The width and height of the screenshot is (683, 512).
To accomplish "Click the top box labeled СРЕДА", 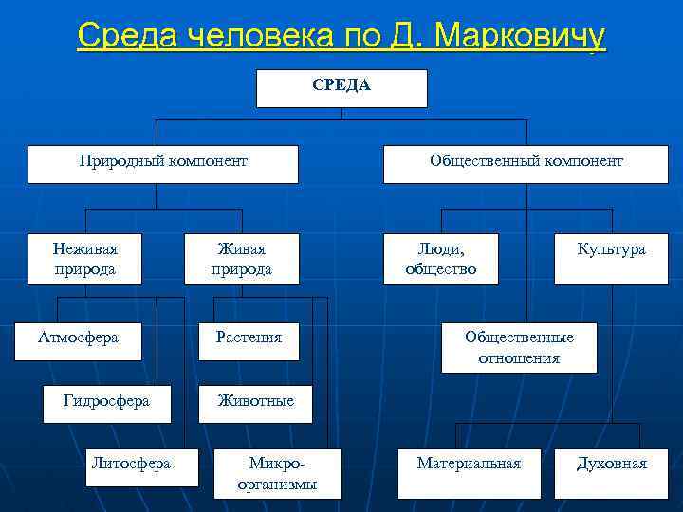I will pos(341,87).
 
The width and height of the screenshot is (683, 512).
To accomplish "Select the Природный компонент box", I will pos(162,163).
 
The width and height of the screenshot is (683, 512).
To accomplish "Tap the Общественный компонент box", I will pos(526,163).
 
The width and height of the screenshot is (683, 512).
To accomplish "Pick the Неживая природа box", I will pos(85,259).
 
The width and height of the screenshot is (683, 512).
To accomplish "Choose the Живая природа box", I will pos(241,259).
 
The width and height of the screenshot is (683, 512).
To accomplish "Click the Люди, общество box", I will pos(440,259).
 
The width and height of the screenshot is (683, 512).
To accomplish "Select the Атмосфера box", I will pos(78,339).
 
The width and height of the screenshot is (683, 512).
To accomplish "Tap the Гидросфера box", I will pos(106,403).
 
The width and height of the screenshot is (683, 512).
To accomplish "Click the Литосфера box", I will pos(142,466).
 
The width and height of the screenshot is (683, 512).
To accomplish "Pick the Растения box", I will pos(249,339).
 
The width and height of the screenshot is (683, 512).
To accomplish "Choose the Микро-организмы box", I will pos(277,473).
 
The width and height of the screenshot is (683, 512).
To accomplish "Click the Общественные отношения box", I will pos(519,348).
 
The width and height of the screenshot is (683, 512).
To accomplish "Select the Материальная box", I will pos(469,472).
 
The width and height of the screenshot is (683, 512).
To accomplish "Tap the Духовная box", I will pos(612,472).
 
